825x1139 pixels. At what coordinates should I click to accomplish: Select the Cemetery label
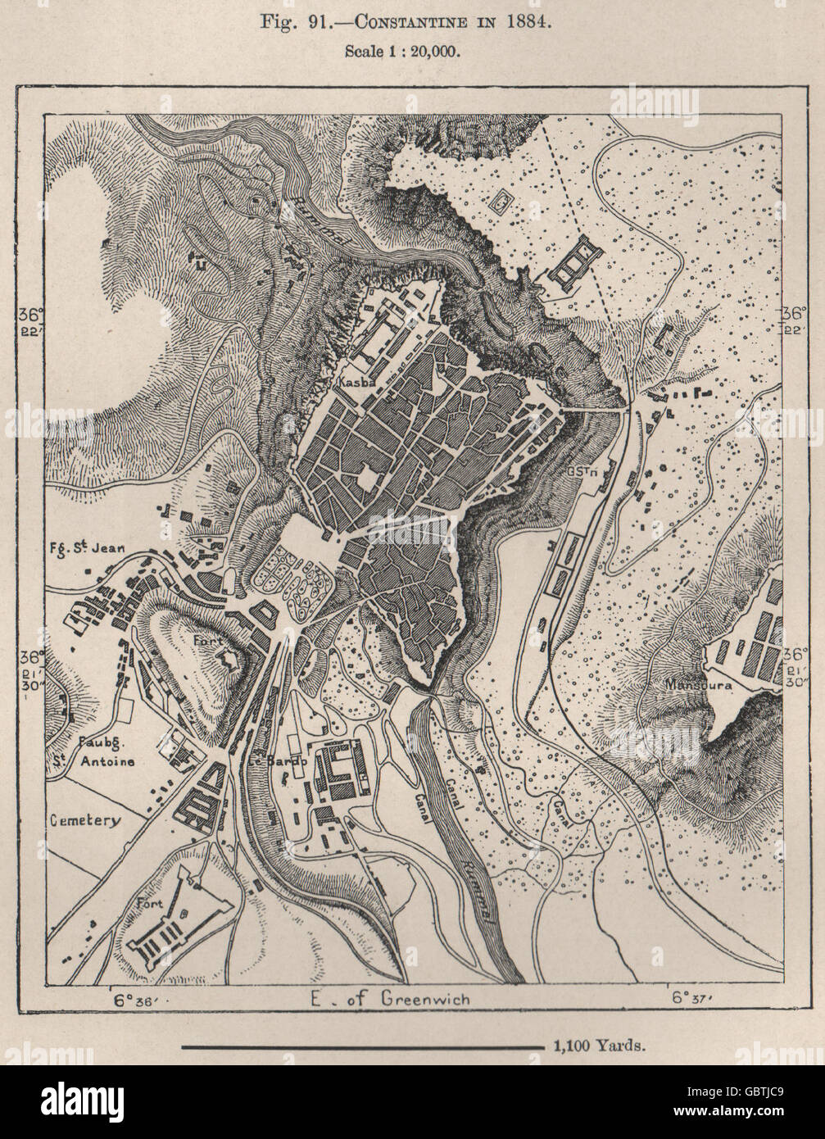coord(84,819)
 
